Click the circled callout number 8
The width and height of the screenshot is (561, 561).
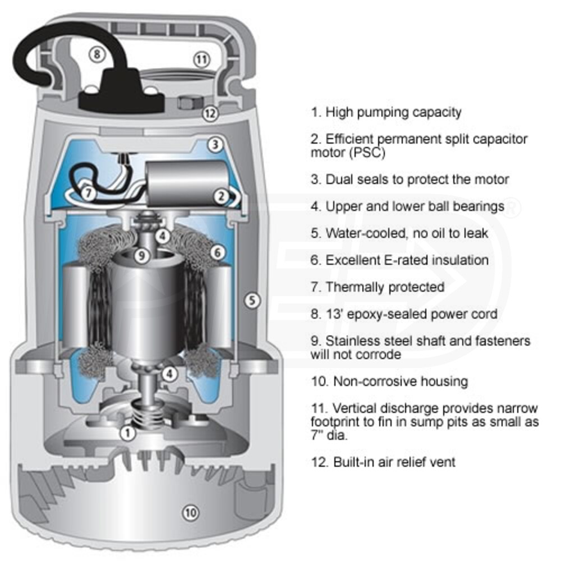[x=97, y=54]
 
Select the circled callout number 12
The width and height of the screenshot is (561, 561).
[x=210, y=113]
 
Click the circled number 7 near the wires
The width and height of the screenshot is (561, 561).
[x=88, y=192]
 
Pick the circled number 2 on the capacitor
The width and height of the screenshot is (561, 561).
[x=221, y=196]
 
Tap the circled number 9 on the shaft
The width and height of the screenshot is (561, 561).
[x=142, y=256]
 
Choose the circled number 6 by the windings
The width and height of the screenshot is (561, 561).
[x=218, y=253]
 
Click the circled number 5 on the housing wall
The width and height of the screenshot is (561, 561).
[x=253, y=301]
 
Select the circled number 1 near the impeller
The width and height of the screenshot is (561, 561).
[x=128, y=433]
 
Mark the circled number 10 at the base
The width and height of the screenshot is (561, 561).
[x=191, y=512]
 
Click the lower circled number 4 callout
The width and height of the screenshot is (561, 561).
[x=169, y=373]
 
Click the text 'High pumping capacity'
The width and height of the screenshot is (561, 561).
[x=386, y=112]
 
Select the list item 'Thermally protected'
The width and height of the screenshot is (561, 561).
[x=377, y=287]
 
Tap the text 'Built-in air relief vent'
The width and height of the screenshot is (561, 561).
[x=383, y=462]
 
